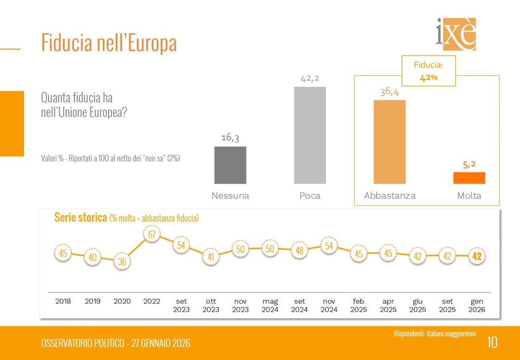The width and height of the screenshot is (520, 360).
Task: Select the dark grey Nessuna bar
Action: tap(230, 165)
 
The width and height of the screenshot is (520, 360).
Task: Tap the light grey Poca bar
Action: tap(310, 135)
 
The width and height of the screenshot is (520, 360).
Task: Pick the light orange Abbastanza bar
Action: tap(390, 142)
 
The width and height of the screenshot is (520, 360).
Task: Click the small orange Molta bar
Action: tap(469, 178)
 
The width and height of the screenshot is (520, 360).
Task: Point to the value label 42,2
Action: tap(310, 79)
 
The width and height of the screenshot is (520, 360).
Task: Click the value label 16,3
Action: tap(230, 138)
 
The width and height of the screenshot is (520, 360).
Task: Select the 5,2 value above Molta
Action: tap(469, 164)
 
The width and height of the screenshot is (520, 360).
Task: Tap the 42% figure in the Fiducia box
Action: tap(429, 77)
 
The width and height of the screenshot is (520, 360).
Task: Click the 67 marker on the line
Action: tap(152, 235)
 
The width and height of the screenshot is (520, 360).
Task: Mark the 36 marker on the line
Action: tap(122, 262)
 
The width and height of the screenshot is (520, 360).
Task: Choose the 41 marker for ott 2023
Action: tap(211, 257)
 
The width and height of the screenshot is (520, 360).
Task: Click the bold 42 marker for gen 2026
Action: tap(477, 256)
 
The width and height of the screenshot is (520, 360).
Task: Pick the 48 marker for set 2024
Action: tap(299, 251)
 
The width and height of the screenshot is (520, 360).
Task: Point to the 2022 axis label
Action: tap(152, 301)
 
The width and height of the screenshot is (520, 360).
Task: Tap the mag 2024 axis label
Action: tap(270, 306)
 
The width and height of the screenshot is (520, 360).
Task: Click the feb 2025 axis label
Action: tap(359, 306)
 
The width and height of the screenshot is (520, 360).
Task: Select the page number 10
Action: tap(492, 342)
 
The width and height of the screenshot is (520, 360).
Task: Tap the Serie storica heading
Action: tap(80, 217)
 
